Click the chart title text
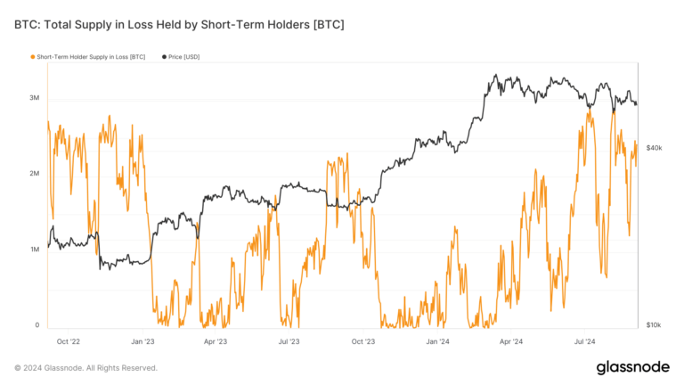(x=179, y=24)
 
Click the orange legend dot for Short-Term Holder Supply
(x=33, y=56)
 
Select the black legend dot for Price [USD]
(x=164, y=56)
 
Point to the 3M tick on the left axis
(x=34, y=97)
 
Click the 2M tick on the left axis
(x=34, y=174)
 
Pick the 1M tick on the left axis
(x=34, y=250)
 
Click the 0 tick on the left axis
(x=37, y=325)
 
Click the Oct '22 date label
(x=69, y=340)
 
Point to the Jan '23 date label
(x=142, y=340)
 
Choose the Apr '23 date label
(x=216, y=340)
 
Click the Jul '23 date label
(x=289, y=340)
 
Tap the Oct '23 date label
(x=363, y=340)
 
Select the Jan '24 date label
(x=437, y=340)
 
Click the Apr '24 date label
(x=510, y=340)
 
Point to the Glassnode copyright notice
(x=85, y=368)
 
